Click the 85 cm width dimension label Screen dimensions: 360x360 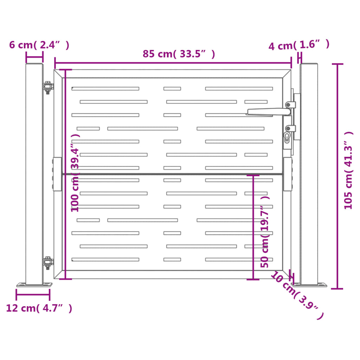[179, 54]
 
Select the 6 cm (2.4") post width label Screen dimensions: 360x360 [39, 45]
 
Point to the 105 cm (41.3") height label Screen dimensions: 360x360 [348, 171]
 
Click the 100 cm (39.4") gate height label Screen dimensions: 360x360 [75, 172]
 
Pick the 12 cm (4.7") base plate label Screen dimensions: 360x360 [39, 308]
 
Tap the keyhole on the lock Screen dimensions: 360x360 [288, 137]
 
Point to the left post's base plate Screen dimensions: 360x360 [34, 285]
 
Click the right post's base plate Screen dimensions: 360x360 [309, 285]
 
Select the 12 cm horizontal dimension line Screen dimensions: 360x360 [33, 294]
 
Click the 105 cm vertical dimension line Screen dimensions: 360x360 [337, 176]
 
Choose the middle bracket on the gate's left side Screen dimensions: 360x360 [57, 174]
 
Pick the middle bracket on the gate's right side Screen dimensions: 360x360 [288, 174]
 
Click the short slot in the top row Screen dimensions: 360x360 [172, 89]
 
